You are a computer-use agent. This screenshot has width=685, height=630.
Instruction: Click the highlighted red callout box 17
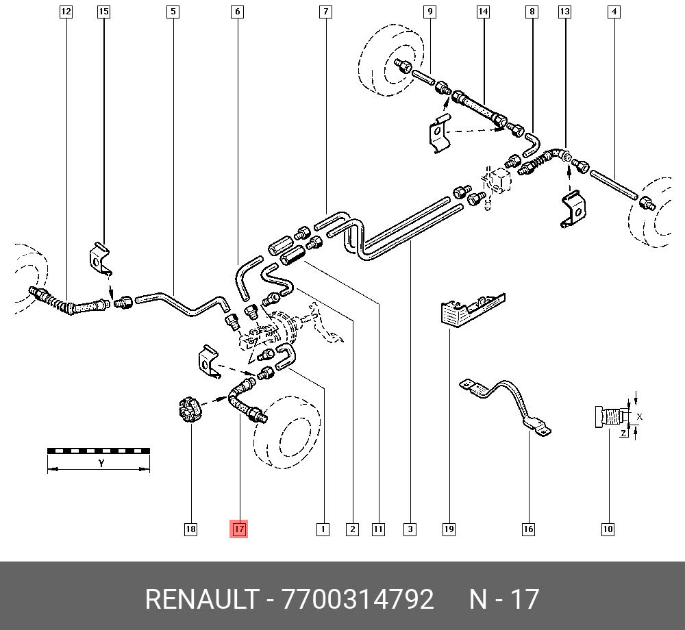[238, 529]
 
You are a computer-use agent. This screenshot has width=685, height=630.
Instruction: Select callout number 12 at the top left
[66, 12]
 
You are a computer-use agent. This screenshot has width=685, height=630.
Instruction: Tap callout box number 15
[103, 12]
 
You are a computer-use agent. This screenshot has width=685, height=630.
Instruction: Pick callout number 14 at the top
[484, 12]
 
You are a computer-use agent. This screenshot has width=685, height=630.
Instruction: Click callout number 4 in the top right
[614, 12]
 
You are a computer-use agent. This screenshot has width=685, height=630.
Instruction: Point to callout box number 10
[608, 529]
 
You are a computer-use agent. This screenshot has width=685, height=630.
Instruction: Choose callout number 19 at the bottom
[449, 529]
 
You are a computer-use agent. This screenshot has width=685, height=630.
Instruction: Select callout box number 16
[528, 529]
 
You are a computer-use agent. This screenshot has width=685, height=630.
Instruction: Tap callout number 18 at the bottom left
[190, 529]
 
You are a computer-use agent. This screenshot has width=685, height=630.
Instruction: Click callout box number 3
[410, 529]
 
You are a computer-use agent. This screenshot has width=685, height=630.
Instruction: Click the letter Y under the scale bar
[101, 464]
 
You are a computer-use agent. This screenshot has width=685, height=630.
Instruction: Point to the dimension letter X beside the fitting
[640, 416]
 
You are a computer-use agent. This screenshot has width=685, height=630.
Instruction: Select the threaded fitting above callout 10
[608, 416]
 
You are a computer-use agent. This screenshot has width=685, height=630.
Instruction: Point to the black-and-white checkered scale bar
[99, 451]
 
